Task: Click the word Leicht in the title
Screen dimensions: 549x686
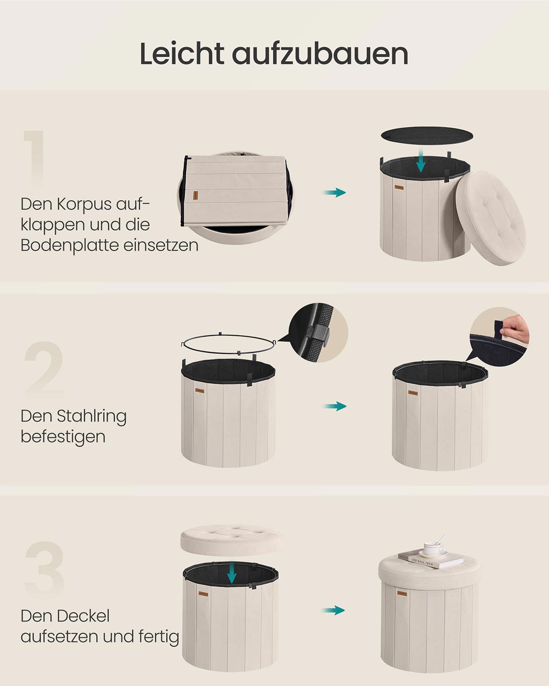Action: click(x=182, y=53)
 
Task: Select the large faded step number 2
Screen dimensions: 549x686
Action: click(x=44, y=370)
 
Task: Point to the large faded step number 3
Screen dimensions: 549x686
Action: click(x=44, y=570)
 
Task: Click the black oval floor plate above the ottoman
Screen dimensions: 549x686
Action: click(x=427, y=134)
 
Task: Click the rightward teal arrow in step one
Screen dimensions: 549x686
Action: click(x=334, y=193)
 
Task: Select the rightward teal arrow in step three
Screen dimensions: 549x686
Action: click(x=334, y=611)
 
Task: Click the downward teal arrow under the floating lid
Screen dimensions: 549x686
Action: click(x=232, y=573)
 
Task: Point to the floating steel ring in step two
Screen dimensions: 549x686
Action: click(x=228, y=344)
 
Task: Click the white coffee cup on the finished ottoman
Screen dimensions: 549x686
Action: click(x=434, y=548)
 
